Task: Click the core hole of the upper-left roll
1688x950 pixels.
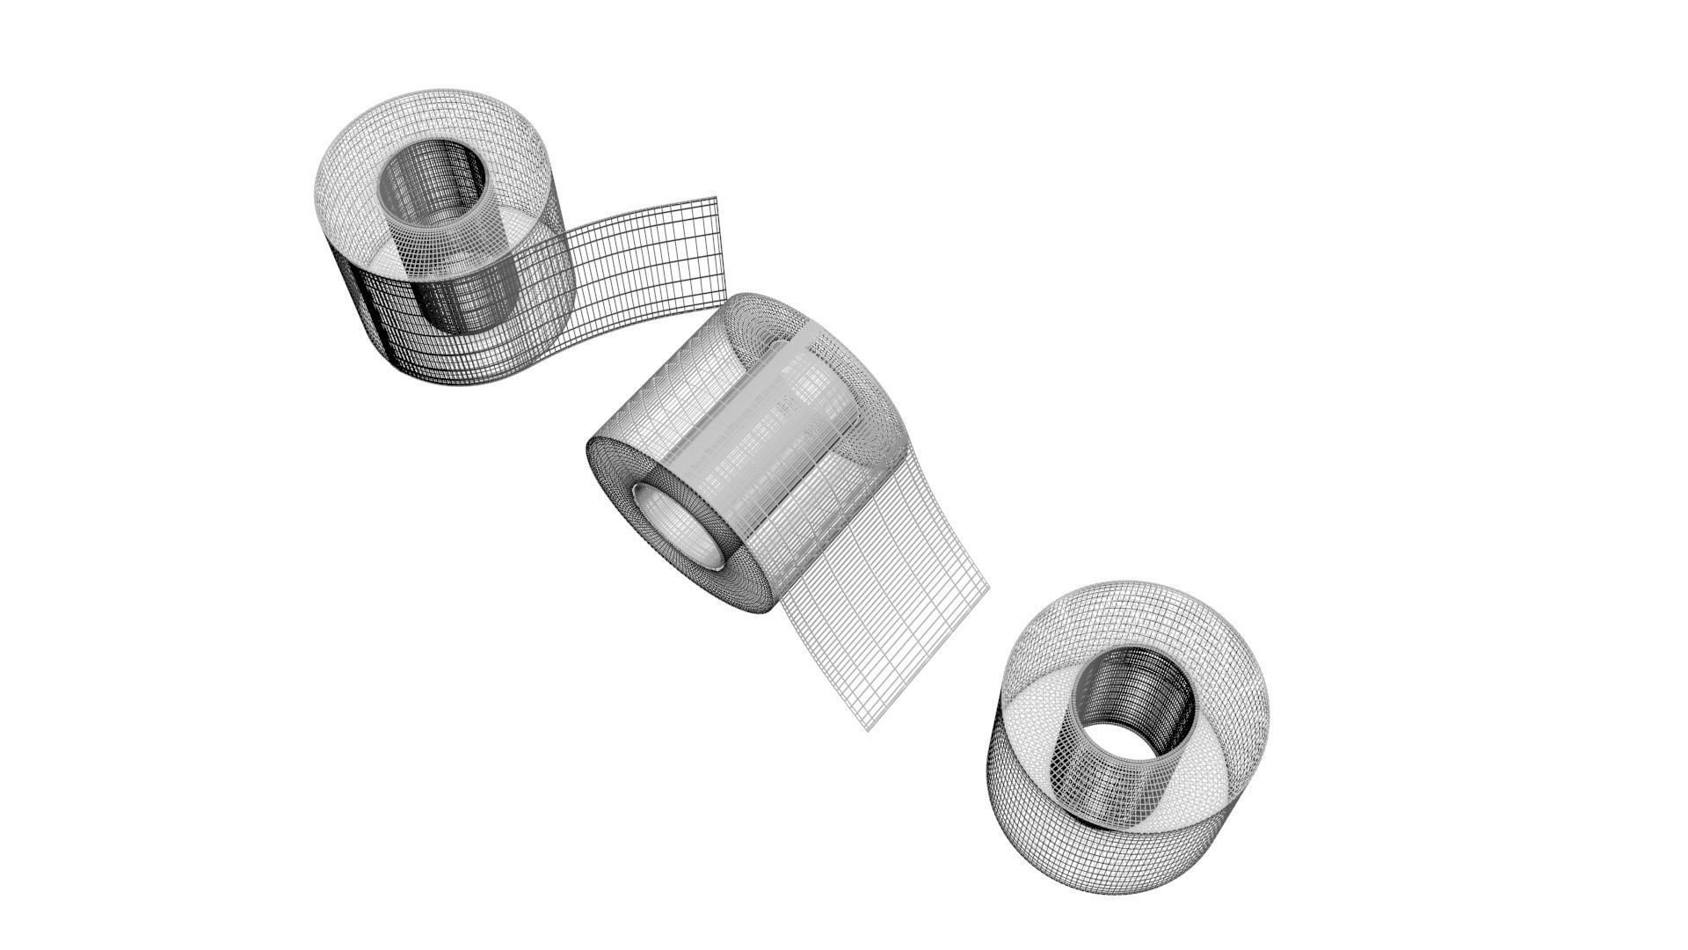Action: tap(433, 180)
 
